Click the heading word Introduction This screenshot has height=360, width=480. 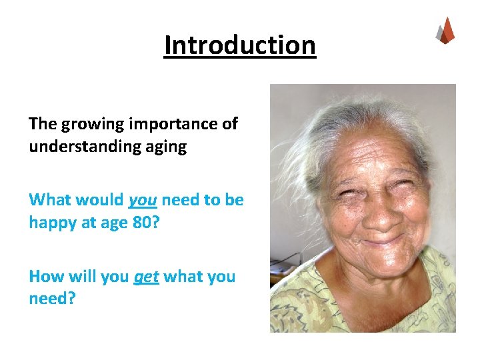[240, 45]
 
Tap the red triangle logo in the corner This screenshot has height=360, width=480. [445, 31]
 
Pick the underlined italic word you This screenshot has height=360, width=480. [141, 200]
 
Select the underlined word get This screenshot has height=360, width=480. [146, 276]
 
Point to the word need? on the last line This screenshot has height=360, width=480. [52, 298]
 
